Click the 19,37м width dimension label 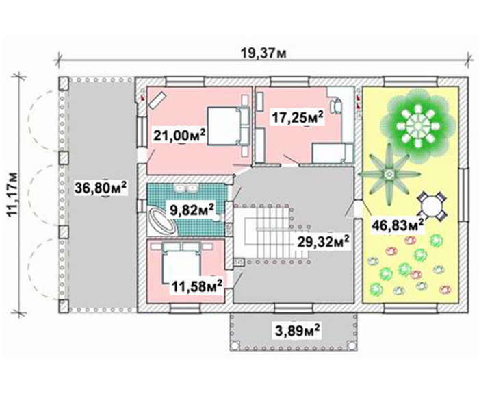tap(263, 53)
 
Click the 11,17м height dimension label tap(13, 195)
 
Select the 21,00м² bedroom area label tap(179, 135)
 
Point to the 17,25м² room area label tap(298, 117)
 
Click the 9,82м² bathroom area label tap(192, 210)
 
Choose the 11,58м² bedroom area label tap(197, 286)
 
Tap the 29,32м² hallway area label tap(324, 243)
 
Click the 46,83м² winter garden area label tap(398, 225)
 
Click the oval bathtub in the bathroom tap(161, 221)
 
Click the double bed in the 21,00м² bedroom tap(229, 125)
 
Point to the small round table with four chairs tap(431, 206)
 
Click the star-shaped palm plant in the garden tap(389, 174)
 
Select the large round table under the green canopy tap(417, 125)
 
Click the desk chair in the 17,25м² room tap(337, 106)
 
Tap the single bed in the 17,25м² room tap(333, 153)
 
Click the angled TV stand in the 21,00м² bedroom tap(157, 100)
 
